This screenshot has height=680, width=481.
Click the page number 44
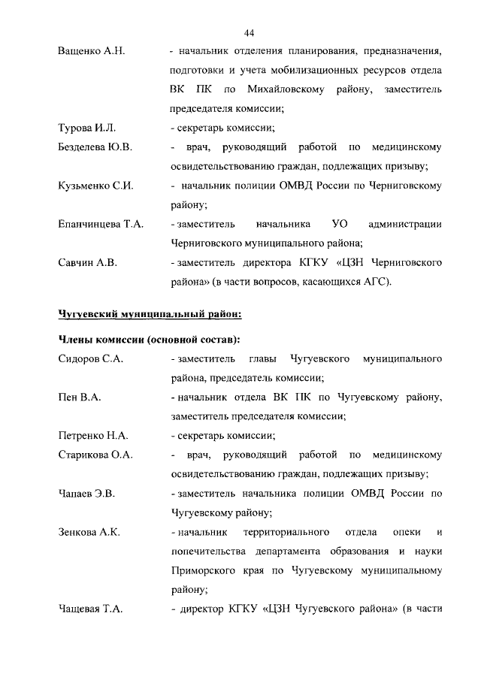click(250, 32)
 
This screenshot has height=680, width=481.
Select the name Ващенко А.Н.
click(91, 51)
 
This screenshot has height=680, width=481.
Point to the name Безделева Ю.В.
click(95, 147)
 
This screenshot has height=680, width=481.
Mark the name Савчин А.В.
click(86, 263)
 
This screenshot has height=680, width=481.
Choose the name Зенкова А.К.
click(89, 533)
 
